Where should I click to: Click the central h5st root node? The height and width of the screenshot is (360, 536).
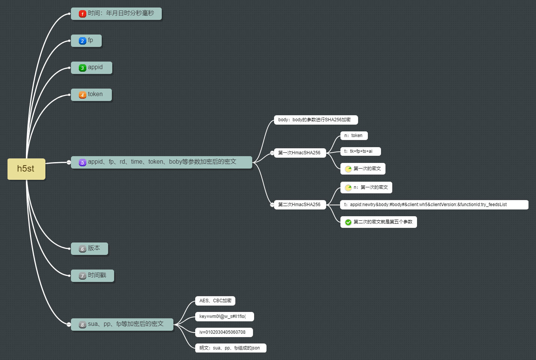pos(26,169)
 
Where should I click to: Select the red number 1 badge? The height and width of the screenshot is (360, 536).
pos(83,14)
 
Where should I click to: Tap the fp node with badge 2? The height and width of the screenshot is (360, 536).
pos(86,41)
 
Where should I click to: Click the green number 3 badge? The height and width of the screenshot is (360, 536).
pos(83,68)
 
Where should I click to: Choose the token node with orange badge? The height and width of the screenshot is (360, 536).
pos(91,95)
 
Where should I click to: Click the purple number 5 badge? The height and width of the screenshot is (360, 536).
pos(83,163)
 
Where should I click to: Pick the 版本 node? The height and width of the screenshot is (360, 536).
pos(89,249)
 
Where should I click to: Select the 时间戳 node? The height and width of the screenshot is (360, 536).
pos(92,276)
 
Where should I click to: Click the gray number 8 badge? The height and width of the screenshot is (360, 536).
pos(83,325)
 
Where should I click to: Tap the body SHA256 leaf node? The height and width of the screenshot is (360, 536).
pos(316,120)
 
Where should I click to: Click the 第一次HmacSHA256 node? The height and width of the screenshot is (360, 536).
pos(300,153)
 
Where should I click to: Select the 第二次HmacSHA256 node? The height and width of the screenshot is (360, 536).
pos(300,205)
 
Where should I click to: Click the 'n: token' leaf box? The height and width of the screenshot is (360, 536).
pos(354,136)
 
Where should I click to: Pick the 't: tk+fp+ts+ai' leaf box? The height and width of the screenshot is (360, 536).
pos(360,151)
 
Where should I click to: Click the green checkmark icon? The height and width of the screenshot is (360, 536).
pos(348,222)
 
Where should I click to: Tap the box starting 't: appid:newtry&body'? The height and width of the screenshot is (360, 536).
pos(434,205)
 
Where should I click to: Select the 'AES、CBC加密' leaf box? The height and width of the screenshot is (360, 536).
pos(215,301)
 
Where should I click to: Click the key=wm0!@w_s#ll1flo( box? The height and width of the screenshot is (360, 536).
pos(224,316)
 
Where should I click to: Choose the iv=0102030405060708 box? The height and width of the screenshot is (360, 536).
pos(224,332)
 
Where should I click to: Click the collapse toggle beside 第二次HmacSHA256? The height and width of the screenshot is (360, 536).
pos(272,205)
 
